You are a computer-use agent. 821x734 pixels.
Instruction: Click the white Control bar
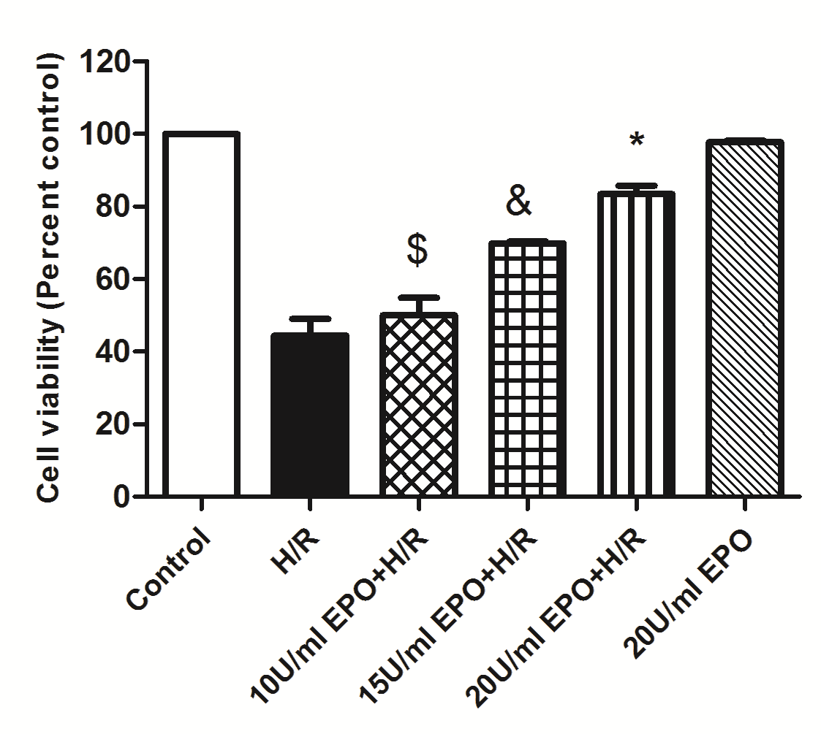pos(201,314)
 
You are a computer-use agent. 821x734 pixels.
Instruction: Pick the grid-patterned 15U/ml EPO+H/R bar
pos(528,369)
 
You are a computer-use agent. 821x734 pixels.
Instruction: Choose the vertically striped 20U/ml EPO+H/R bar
pos(636,344)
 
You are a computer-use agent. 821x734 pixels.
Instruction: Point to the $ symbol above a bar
pos(417,250)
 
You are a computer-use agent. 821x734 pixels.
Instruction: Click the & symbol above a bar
pos(518,202)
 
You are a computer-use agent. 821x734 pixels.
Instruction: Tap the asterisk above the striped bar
pos(637,140)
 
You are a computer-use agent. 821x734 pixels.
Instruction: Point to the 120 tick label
pos(108,62)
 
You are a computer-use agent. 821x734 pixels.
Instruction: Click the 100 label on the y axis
pos(108,134)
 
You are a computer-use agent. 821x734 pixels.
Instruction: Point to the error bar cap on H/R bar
pos(310,318)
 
